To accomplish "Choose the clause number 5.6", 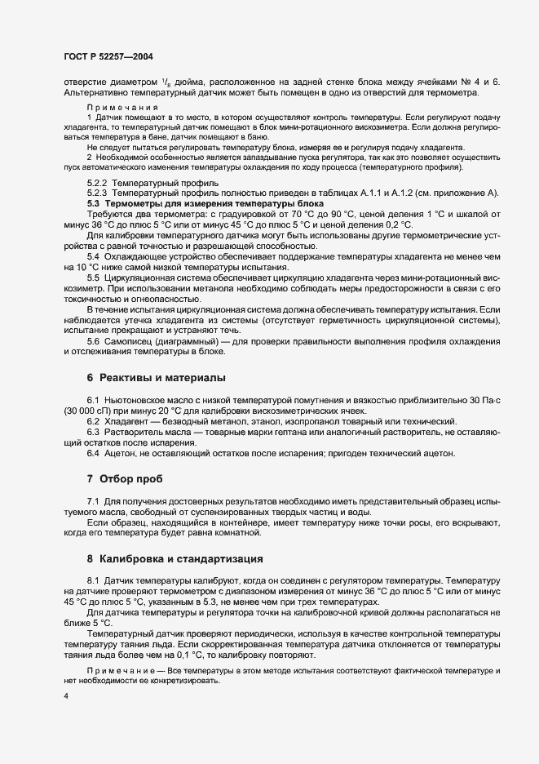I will coord(93,341).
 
